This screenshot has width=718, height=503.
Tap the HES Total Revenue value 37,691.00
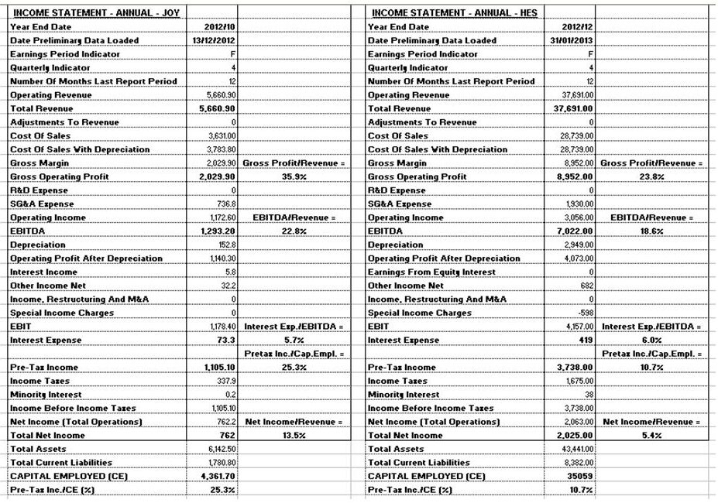pyautogui.click(x=574, y=109)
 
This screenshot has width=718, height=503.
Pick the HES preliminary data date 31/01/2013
pyautogui.click(x=574, y=41)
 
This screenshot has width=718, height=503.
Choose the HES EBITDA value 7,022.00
pyautogui.click(x=574, y=231)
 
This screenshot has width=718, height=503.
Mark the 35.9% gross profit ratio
pyautogui.click(x=279, y=177)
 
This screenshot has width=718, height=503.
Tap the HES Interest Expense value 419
pyautogui.click(x=584, y=340)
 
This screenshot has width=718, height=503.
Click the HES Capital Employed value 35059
pyautogui.click(x=579, y=476)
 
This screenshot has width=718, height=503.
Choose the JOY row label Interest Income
pyautogui.click(x=45, y=272)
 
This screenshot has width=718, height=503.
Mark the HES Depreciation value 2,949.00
pyautogui.click(x=575, y=245)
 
